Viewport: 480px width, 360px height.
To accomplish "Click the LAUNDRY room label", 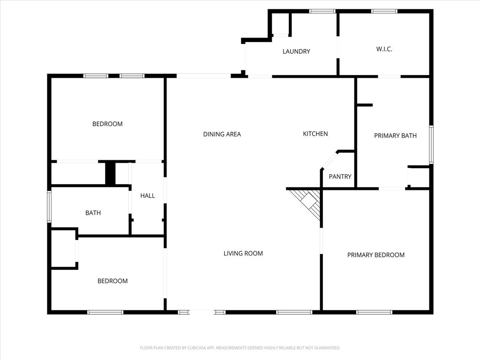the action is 296,52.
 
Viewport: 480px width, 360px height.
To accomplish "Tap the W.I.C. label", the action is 384,49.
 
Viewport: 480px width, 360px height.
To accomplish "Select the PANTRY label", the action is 340,177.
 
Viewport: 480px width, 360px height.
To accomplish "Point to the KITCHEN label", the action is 315,134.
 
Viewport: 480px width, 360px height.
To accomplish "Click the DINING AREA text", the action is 222,134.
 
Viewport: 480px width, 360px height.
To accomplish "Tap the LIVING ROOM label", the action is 243,254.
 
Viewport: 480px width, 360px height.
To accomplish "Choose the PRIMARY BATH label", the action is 395,135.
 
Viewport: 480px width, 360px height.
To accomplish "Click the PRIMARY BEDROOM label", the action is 375,255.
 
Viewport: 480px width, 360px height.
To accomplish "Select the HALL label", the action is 148,195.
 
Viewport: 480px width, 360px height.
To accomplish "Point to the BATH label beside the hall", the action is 93,213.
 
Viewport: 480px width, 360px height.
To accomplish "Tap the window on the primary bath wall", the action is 431,144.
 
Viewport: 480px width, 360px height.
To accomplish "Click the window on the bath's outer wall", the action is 49,206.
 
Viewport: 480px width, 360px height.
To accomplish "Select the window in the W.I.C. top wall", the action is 384,11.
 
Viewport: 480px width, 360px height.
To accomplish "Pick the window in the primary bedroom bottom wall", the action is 374,312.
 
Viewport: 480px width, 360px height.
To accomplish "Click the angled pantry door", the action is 330,160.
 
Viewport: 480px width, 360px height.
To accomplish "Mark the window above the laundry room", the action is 322,11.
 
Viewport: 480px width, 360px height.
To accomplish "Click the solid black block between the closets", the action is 110,173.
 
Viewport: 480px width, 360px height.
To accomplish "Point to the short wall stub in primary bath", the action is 365,105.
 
